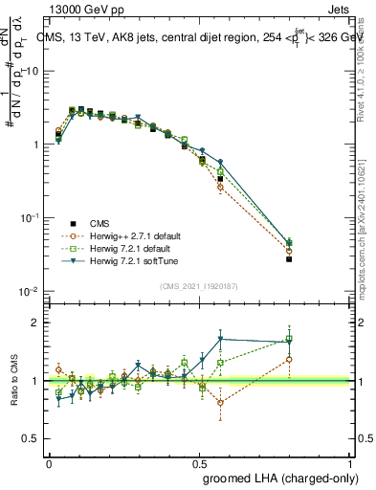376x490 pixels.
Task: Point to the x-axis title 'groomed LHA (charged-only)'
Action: (x=276, y=476)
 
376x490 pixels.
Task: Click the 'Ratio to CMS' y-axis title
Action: (x=14, y=381)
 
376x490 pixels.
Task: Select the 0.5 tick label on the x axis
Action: (x=198, y=461)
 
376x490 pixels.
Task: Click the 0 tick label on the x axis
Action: (x=49, y=461)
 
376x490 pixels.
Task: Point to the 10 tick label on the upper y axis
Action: (x=31, y=72)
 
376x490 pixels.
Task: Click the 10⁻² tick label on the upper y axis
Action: (x=31, y=291)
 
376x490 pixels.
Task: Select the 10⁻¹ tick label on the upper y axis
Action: (x=31, y=218)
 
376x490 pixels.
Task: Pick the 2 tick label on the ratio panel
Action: (x=36, y=323)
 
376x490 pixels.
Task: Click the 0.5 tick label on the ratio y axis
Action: (x=33, y=439)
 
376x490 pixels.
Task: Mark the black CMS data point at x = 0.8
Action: (x=288, y=259)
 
